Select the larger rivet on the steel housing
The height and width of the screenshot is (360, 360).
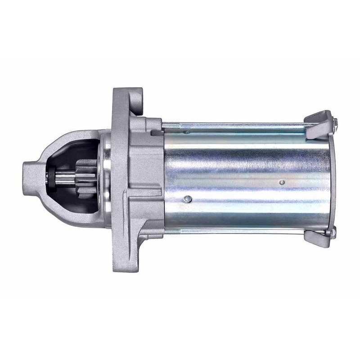(188, 198)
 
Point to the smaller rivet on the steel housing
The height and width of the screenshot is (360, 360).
(282, 182)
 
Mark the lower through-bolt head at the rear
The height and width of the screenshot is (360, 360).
(334, 233)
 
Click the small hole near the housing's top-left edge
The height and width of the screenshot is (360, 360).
(185, 132)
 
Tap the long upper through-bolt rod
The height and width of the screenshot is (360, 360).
(238, 123)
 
